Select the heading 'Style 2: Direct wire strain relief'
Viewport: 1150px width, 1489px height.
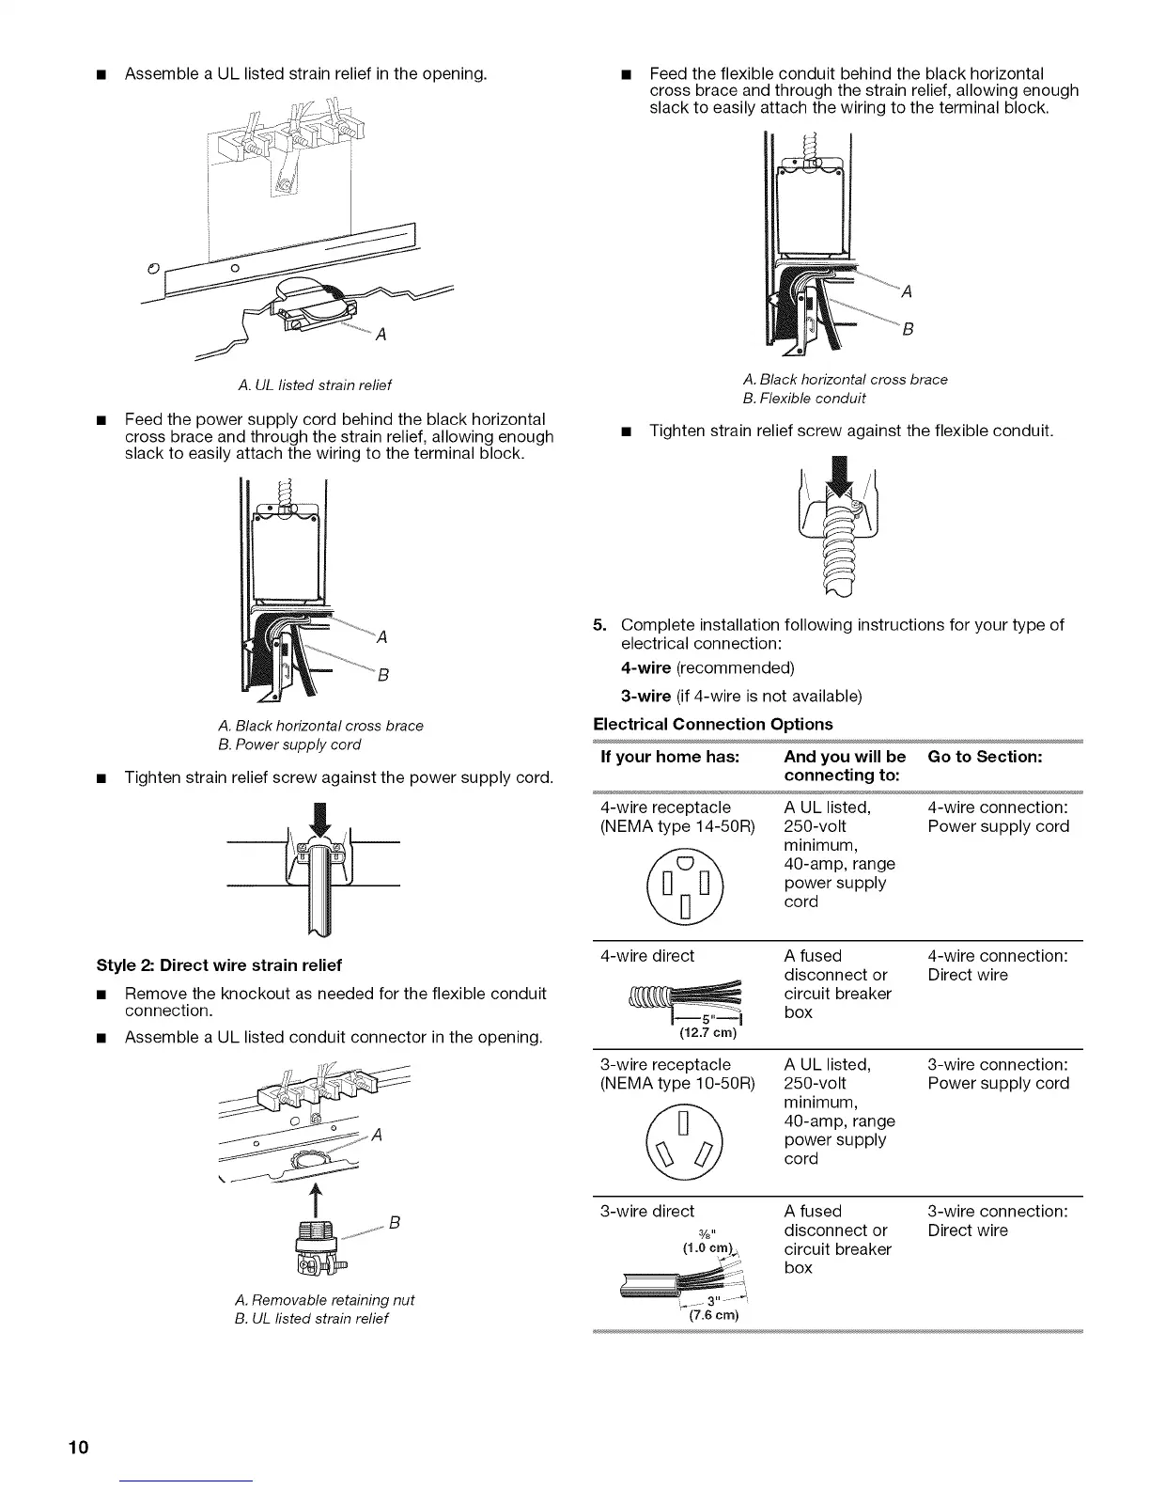pyautogui.click(x=219, y=965)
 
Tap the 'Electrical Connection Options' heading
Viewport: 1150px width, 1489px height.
pyautogui.click(x=713, y=724)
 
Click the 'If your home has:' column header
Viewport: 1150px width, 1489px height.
pyautogui.click(x=670, y=757)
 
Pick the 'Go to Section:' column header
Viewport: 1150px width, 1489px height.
pyautogui.click(x=985, y=757)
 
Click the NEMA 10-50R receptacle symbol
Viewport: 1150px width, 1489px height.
pyautogui.click(x=684, y=1136)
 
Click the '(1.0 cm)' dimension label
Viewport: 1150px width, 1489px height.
pyautogui.click(x=710, y=1248)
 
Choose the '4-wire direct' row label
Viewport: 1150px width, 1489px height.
pyautogui.click(x=646, y=956)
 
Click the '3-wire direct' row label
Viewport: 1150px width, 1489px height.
pyautogui.click(x=647, y=1212)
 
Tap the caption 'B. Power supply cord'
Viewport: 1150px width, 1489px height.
pyautogui.click(x=288, y=744)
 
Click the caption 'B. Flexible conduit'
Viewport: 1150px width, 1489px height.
pyautogui.click(x=803, y=398)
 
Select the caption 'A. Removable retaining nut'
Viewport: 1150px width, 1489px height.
pyautogui.click(x=323, y=1300)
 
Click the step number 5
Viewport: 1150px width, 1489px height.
pyautogui.click(x=599, y=625)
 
